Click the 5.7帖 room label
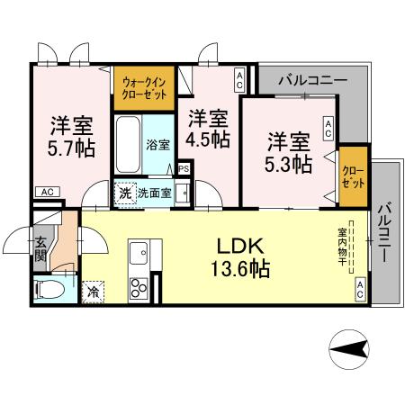(70, 135)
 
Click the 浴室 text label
(158, 143)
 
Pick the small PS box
(184, 167)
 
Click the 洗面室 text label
(154, 192)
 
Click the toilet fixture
(49, 290)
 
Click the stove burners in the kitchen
(139, 289)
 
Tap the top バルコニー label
(312, 80)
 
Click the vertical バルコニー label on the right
(384, 229)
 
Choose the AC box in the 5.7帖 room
(48, 191)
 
